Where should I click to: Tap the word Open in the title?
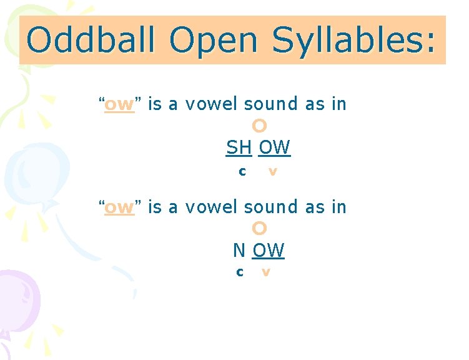213,41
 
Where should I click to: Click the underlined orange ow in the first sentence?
119,104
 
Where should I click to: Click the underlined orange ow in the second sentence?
119,207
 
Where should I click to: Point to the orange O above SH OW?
260,126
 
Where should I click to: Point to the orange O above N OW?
260,228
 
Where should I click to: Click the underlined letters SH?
239,148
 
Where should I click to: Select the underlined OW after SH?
275,148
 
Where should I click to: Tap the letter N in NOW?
239,251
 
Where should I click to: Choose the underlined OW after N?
269,251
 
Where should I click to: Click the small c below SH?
242,171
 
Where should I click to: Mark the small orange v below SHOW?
272,171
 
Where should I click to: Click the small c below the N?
239,272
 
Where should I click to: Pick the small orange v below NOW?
266,272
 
